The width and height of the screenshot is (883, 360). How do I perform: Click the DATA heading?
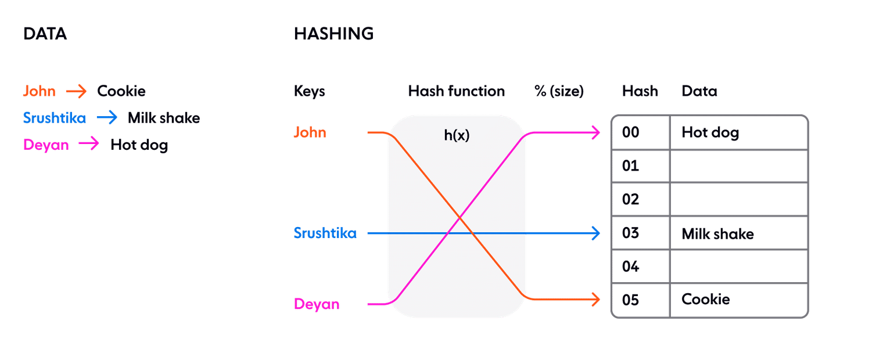45,34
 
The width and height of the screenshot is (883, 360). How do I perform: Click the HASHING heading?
333,34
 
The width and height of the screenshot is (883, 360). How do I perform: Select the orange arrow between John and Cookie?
76,91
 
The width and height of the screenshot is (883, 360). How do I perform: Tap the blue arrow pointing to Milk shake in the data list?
107,118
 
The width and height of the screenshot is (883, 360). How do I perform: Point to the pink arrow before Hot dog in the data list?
89,144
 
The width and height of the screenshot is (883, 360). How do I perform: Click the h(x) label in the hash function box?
457,136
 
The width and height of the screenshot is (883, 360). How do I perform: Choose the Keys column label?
310,91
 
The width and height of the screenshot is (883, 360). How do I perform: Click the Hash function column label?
456,91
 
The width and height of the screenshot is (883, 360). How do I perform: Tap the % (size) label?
559,91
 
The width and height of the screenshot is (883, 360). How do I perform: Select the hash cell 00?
631,133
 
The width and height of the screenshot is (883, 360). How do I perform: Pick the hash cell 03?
631,233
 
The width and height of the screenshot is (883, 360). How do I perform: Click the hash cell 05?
631,300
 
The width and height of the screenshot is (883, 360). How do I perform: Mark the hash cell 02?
631,200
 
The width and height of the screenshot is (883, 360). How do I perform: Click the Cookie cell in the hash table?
706,300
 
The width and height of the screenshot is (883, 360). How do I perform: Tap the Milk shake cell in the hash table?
717,234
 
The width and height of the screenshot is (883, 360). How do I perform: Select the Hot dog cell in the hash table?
710,133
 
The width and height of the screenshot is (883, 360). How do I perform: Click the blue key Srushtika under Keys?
325,233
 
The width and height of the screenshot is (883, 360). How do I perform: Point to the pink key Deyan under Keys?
317,304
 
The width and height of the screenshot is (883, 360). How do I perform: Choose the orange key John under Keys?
310,133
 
